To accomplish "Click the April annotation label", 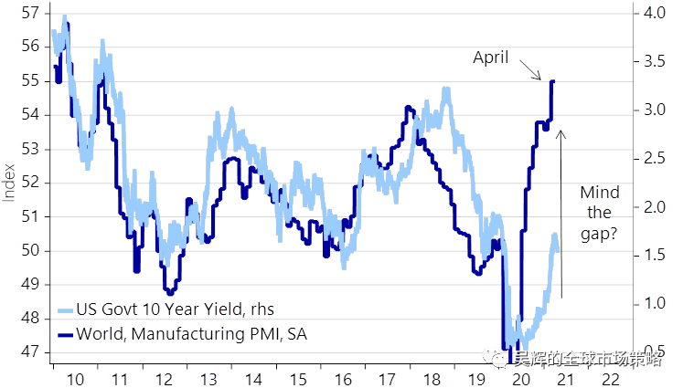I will pos(492,58).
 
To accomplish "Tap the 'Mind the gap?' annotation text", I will pos(600,213).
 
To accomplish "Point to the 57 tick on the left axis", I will pos(28,14).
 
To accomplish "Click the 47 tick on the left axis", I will pos(28,351).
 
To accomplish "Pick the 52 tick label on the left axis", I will pos(28,183).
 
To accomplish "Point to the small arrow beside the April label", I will pos(530,68).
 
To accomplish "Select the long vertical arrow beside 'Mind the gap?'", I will pos(561,214).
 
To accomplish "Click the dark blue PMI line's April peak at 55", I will pos(552,82).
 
